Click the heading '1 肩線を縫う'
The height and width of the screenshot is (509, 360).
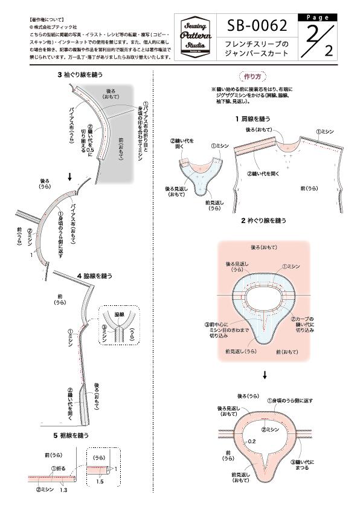pos(258,119)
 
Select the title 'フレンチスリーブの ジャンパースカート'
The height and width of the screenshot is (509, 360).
pos(257,49)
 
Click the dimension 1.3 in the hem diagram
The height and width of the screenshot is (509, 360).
pos(63,490)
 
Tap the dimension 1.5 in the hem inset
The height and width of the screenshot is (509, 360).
pos(100,482)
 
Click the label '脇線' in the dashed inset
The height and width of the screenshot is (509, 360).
pos(118,314)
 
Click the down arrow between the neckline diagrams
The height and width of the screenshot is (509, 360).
pos(264,375)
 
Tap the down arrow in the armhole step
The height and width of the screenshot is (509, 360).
pos(71,177)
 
